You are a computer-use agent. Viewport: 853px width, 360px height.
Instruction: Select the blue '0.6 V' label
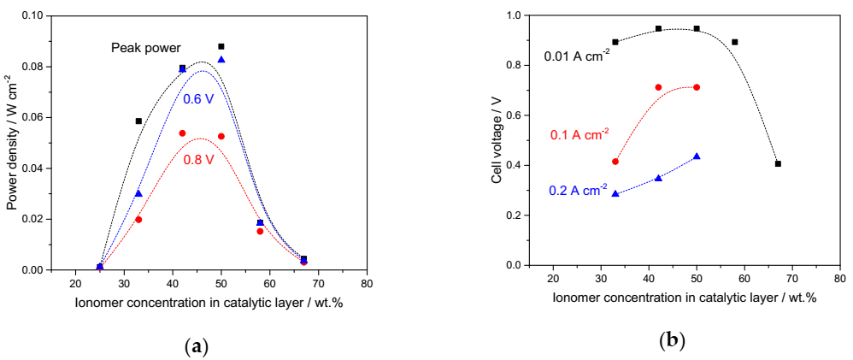point(198,98)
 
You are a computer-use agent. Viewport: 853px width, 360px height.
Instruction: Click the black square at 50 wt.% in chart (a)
point(221,46)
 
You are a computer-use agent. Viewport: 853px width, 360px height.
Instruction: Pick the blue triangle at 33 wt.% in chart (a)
point(138,193)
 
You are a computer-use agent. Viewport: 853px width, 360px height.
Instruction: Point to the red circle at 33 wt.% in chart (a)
point(138,220)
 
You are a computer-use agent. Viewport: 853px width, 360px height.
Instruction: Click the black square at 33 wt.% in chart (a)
point(138,121)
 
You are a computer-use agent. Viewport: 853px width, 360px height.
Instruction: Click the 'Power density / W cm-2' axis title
point(12,143)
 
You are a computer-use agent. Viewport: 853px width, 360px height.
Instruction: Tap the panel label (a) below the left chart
point(197,345)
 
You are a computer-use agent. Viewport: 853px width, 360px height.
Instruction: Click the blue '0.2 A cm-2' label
point(578,189)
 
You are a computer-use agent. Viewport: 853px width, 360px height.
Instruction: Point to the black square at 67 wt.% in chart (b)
point(778,163)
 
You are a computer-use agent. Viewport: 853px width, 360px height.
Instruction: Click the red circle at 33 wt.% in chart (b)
point(615,162)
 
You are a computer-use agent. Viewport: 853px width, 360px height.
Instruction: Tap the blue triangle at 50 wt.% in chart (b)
point(697,156)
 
